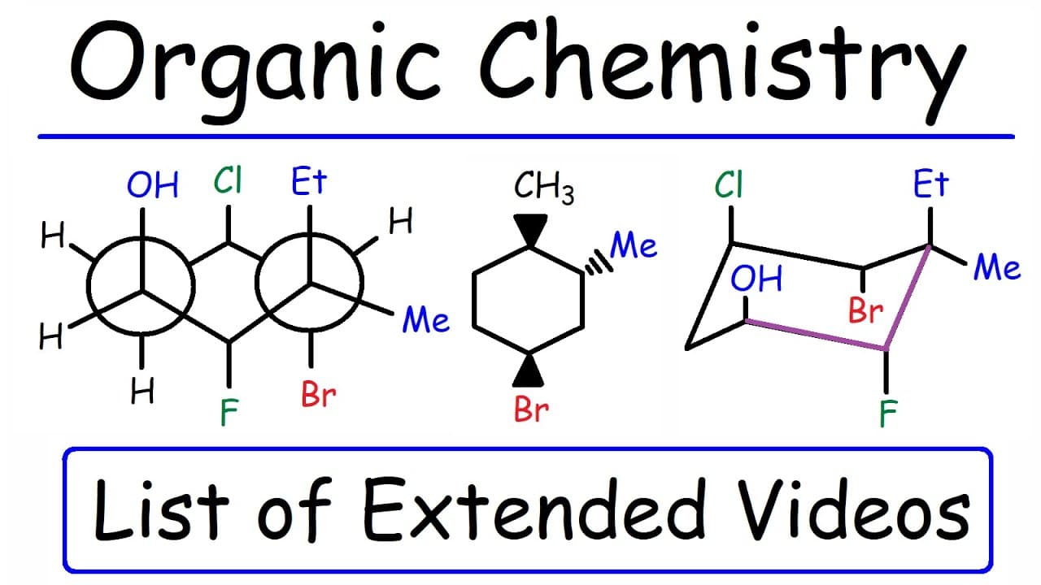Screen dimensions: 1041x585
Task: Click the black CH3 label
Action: (544, 188)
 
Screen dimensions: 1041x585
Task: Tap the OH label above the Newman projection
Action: (152, 184)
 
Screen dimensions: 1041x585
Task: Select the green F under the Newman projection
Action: (229, 412)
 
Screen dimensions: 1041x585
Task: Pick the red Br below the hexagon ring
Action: (531, 409)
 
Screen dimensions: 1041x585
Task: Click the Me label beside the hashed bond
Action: (633, 245)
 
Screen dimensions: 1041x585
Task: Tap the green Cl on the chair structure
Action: (729, 184)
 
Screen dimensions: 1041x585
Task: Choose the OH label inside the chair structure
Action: (756, 279)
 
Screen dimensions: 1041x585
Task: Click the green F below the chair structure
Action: (888, 414)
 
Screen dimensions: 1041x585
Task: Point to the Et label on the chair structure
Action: (930, 184)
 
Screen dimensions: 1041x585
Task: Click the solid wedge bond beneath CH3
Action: (530, 230)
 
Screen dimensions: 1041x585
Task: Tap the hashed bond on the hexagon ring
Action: (599, 262)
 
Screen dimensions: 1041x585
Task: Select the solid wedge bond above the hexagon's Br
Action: (529, 370)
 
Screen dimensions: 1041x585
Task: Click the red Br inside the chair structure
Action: (865, 310)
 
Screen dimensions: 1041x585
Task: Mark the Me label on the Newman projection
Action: (425, 319)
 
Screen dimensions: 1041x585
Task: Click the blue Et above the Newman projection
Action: (309, 181)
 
